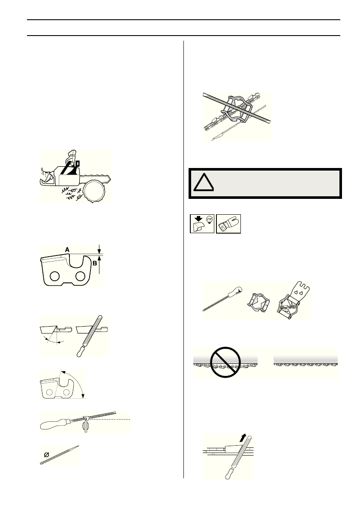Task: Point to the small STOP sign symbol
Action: pyautogui.click(x=209, y=219)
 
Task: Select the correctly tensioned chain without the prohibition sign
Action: pyautogui.click(x=306, y=364)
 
